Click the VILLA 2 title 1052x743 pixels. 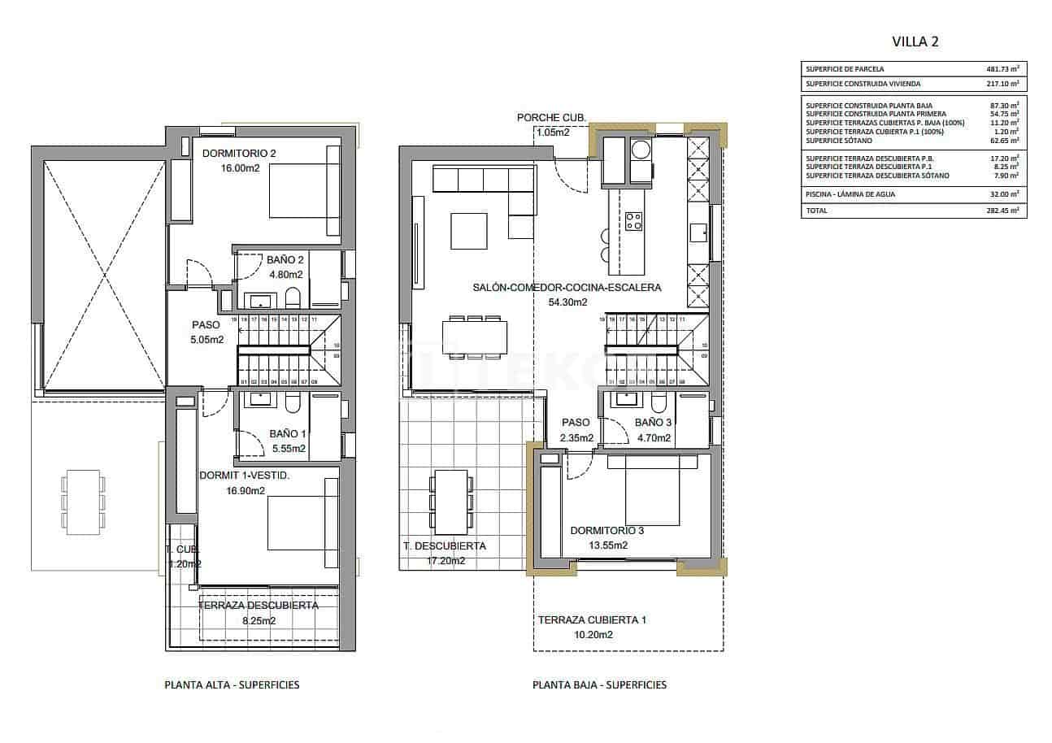click(x=915, y=42)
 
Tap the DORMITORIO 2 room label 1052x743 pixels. click(x=239, y=153)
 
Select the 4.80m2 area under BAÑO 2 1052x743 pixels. click(x=285, y=274)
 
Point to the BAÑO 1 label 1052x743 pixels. click(x=288, y=434)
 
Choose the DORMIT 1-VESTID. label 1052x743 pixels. click(x=244, y=476)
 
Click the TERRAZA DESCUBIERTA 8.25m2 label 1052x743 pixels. click(x=259, y=606)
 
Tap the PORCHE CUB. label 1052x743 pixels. click(x=551, y=118)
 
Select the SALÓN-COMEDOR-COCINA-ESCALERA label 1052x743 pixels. click(x=567, y=287)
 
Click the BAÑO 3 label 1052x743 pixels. click(x=653, y=423)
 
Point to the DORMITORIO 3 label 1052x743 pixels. click(x=606, y=531)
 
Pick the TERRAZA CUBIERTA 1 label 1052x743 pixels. click(x=592, y=620)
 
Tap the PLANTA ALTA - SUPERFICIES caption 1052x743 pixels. click(x=232, y=685)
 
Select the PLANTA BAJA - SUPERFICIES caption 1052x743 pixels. click(x=599, y=685)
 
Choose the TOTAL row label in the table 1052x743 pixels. click(x=816, y=211)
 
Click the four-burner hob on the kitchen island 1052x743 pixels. click(x=633, y=220)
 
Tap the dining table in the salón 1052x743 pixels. click(x=475, y=336)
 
